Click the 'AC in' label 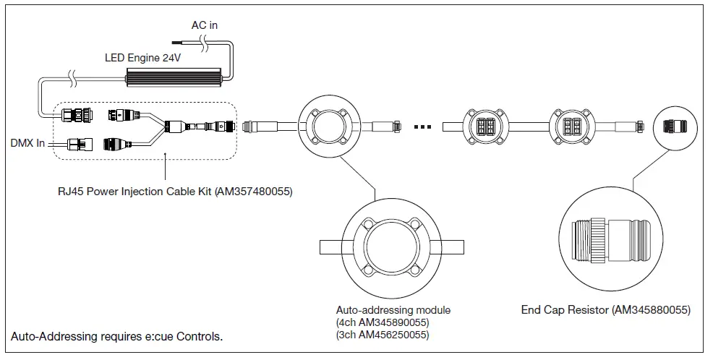[x=205, y=25]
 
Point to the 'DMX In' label [x=27, y=143]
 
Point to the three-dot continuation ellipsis [x=424, y=127]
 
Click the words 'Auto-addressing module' [x=393, y=310]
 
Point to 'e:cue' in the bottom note [x=150, y=337]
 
